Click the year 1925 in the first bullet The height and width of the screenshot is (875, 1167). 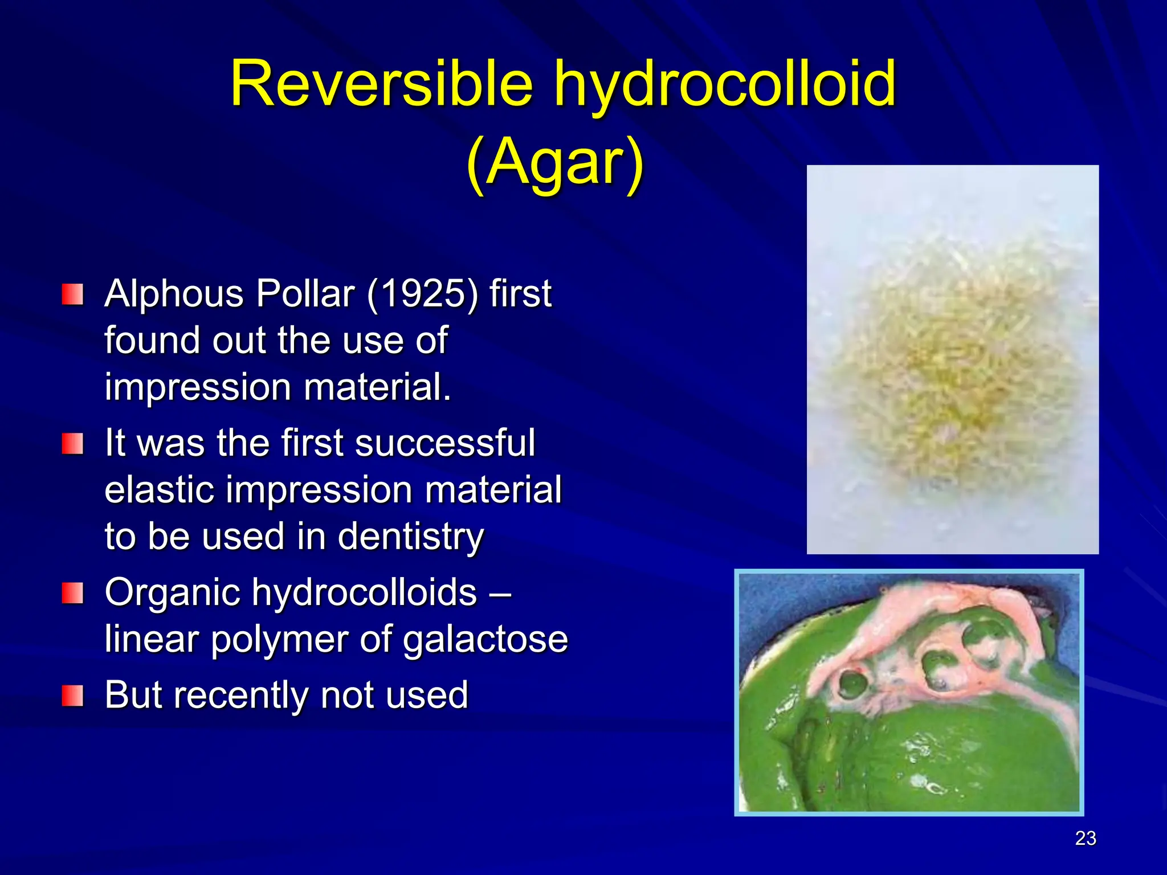tap(422, 294)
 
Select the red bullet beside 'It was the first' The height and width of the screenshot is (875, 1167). tap(72, 443)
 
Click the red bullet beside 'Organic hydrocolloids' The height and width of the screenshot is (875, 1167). tap(72, 592)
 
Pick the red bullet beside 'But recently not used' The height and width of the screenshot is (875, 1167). tap(72, 695)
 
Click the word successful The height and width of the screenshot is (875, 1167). tap(444, 443)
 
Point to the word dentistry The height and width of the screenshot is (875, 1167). tap(410, 537)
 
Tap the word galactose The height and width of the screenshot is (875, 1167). tap(485, 639)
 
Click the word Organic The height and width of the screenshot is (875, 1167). tap(173, 592)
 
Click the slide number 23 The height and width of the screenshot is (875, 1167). tap(1085, 838)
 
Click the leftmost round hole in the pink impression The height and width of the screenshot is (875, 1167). tap(851, 683)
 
